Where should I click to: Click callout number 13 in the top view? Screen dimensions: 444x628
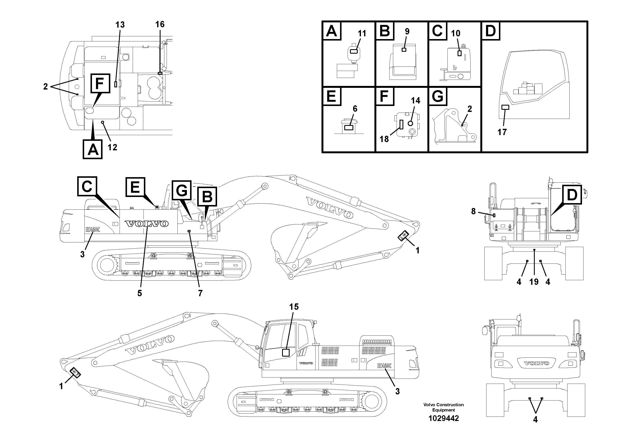(120, 25)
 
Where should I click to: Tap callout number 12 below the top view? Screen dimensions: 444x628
(112, 148)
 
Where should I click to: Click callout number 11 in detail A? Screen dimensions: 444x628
(362, 34)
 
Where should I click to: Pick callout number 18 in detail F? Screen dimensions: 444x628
(384, 139)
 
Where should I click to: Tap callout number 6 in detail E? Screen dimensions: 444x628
(355, 109)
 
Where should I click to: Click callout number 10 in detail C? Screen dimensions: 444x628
(455, 33)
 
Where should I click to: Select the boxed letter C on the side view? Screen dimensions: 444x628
(87, 186)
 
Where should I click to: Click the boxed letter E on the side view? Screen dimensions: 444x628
(135, 187)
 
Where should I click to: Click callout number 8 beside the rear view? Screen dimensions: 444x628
(473, 211)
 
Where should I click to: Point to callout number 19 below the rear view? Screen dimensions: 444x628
(534, 282)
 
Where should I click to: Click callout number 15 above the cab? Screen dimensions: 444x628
(294, 307)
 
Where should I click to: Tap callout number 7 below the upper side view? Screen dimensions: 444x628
(200, 293)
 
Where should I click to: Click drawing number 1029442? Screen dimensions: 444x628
(443, 418)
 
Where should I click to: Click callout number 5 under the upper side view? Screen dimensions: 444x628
(139, 293)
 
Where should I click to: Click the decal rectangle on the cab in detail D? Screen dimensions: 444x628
(505, 107)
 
